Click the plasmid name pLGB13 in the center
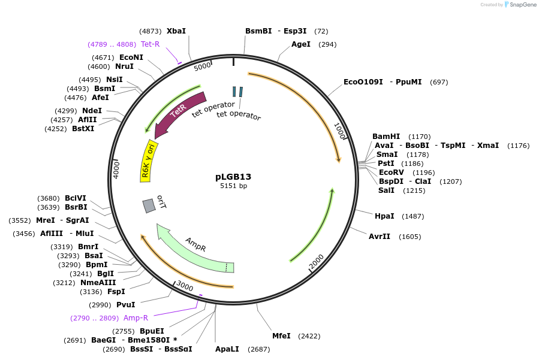click(233, 177)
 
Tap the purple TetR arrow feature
click(179, 113)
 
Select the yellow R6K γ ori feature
click(149, 162)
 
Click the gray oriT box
click(149, 205)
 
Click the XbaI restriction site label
click(176, 31)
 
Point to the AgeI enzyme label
click(301, 44)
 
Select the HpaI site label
click(384, 216)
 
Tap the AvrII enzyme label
click(380, 237)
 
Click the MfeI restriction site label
click(281, 336)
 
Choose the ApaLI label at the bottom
click(227, 349)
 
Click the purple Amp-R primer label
click(135, 318)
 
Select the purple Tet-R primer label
click(150, 44)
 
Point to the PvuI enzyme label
click(125, 305)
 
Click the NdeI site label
click(92, 111)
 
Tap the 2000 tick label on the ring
click(317, 261)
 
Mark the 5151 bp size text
click(233, 186)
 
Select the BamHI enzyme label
click(386, 137)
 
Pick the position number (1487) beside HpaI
click(413, 216)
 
